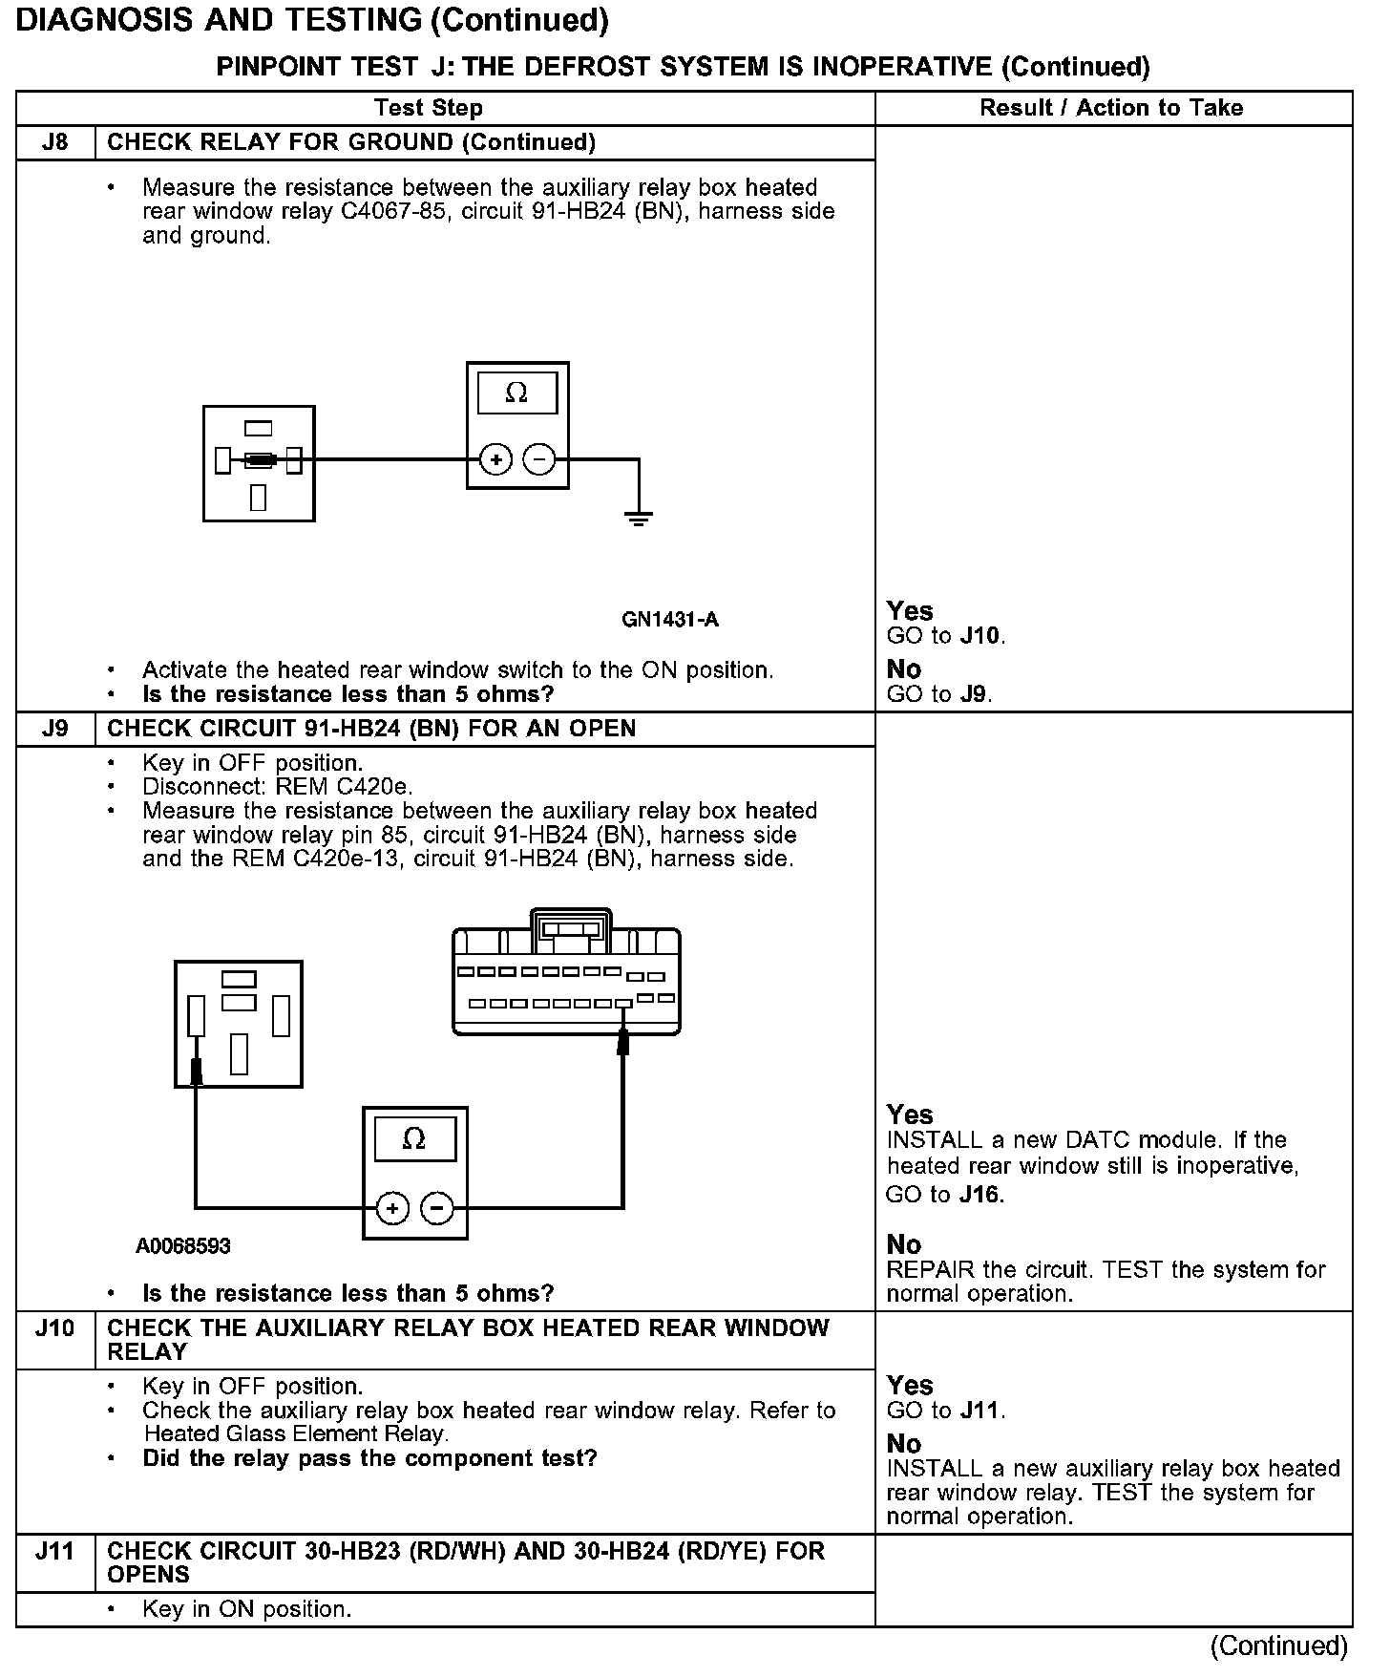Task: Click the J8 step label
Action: pyautogui.click(x=55, y=143)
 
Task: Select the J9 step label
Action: pyautogui.click(x=55, y=730)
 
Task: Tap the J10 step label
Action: pyautogui.click(x=55, y=1328)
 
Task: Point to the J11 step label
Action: pyautogui.click(x=55, y=1552)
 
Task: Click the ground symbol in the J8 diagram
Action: pyautogui.click(x=639, y=520)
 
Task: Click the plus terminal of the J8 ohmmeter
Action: pyautogui.click(x=495, y=460)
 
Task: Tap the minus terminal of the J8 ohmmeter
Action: pyautogui.click(x=539, y=460)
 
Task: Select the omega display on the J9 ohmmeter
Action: pyautogui.click(x=414, y=1139)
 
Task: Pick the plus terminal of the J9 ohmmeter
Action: pyautogui.click(x=392, y=1209)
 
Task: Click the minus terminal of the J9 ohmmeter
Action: pyautogui.click(x=437, y=1209)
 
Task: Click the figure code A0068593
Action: pyautogui.click(x=183, y=1246)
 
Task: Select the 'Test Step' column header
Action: pyautogui.click(x=429, y=108)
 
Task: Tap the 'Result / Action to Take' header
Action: pyautogui.click(x=1111, y=108)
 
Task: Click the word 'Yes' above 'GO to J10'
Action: pyautogui.click(x=910, y=611)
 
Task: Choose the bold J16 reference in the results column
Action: pyautogui.click(x=980, y=1195)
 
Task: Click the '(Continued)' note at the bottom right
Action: pyautogui.click(x=1278, y=1646)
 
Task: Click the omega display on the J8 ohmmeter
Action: pyautogui.click(x=516, y=393)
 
